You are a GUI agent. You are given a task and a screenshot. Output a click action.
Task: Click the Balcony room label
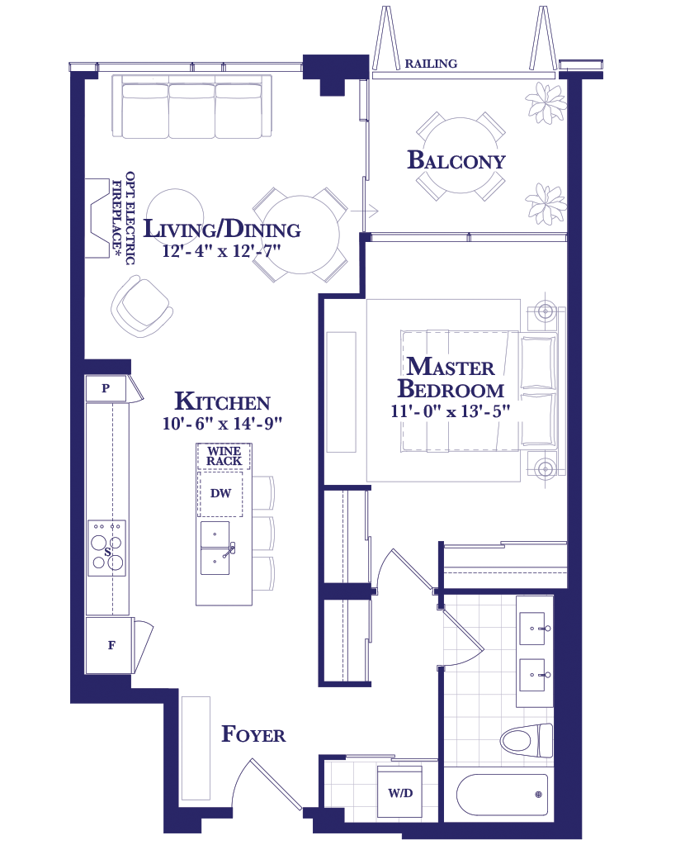click(456, 160)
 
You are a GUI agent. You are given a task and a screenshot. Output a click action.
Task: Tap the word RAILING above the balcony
click(431, 64)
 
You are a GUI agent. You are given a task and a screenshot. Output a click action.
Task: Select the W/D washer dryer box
click(399, 792)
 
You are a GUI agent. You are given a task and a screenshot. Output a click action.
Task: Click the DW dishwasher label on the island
click(220, 493)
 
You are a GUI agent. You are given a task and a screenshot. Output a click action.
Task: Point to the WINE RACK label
click(224, 456)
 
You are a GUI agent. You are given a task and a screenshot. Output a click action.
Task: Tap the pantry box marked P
click(106, 388)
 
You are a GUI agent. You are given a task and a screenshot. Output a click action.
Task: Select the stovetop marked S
click(106, 548)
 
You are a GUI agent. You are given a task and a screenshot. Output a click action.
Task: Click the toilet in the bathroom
click(527, 741)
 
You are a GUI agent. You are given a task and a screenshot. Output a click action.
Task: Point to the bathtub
click(502, 795)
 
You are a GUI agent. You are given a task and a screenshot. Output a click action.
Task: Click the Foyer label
click(253, 734)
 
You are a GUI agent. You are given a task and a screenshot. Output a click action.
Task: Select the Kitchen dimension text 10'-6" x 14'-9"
click(222, 423)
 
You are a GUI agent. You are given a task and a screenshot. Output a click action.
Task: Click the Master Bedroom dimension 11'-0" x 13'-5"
click(450, 411)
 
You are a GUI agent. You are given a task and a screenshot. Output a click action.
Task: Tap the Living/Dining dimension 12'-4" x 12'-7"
click(221, 251)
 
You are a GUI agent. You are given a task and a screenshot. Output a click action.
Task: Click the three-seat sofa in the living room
click(191, 107)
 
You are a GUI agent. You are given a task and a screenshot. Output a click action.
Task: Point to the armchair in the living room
click(142, 306)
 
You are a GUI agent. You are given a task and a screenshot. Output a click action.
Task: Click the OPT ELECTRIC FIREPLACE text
click(123, 218)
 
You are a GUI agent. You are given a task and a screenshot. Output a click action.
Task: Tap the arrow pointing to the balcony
click(365, 211)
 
